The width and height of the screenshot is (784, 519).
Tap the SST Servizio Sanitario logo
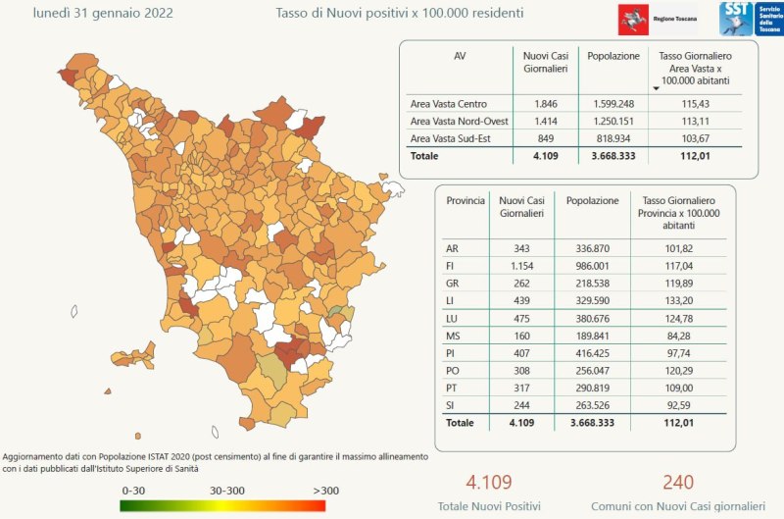(x=750, y=20)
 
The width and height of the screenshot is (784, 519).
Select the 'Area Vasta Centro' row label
(x=447, y=104)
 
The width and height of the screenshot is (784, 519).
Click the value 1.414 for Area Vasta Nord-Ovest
(x=544, y=122)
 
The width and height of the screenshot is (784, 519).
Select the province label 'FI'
(x=452, y=265)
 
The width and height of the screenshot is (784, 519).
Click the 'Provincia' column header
(x=465, y=200)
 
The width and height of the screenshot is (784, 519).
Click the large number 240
(x=678, y=482)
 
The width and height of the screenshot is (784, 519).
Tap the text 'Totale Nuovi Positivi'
(x=489, y=506)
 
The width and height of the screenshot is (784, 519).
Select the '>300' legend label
(x=326, y=490)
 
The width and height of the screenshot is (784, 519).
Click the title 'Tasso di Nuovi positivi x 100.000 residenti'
(x=398, y=14)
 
